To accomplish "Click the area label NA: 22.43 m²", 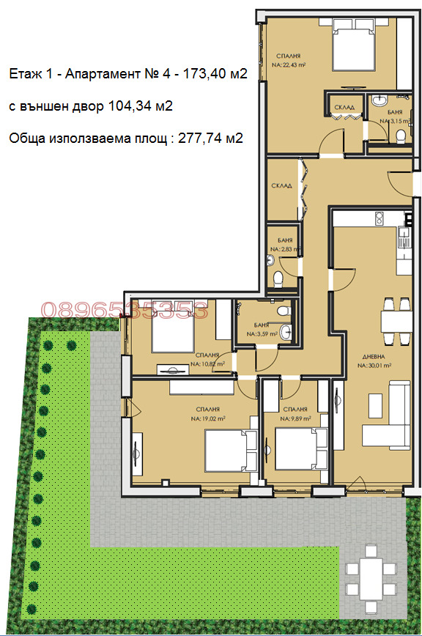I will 288,64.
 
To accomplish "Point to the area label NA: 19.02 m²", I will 207,419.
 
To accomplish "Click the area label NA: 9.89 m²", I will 295,419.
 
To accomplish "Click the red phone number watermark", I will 123,310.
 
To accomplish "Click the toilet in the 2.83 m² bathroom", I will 278,278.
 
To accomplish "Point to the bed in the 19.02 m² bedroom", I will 229,448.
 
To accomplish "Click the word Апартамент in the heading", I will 93,74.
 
